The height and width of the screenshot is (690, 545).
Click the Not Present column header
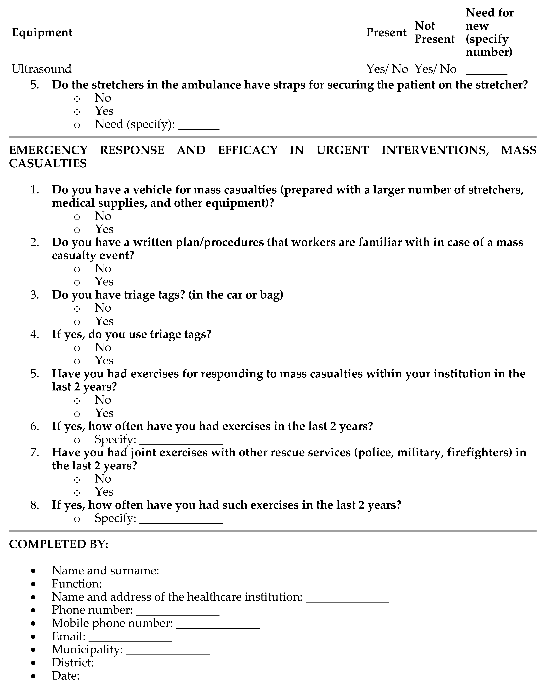pos(434,33)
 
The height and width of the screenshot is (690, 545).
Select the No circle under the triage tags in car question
pos(77,309)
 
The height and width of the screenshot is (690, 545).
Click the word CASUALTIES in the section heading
pos(48,164)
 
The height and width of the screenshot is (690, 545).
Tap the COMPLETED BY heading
pos(59,544)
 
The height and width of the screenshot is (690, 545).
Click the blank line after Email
pos(130,638)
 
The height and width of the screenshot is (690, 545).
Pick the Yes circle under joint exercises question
pos(77,493)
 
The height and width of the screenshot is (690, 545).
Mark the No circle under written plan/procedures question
pos(77,269)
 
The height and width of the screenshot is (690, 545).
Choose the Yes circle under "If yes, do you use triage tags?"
pos(77,361)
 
